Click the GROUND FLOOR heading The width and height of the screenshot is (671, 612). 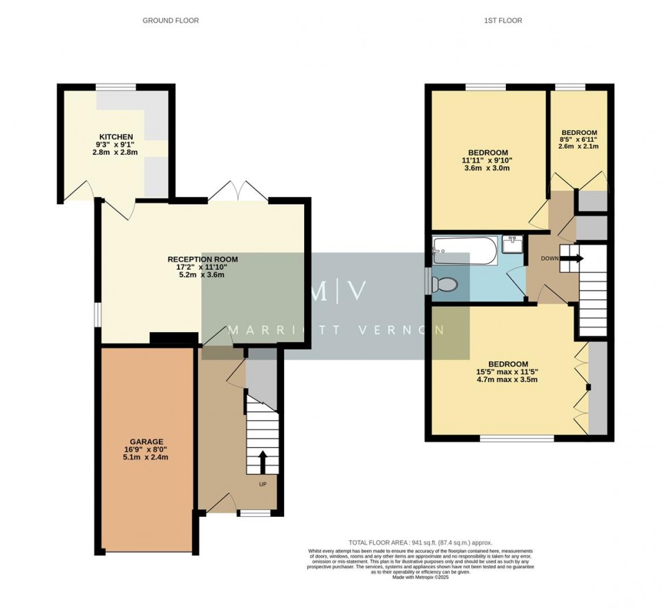[170, 21]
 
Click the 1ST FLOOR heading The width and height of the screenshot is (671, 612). [503, 21]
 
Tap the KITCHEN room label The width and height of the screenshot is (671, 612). [116, 137]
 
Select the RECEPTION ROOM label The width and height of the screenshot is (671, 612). [203, 259]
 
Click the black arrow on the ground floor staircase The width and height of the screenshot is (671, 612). [261, 462]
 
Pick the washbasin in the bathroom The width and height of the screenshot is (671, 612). [512, 244]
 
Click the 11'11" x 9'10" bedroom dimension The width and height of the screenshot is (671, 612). [488, 161]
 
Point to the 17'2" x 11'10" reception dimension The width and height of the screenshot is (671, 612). [203, 268]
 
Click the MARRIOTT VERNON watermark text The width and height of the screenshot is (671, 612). [335, 330]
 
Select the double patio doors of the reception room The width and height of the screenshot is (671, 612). [237, 191]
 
